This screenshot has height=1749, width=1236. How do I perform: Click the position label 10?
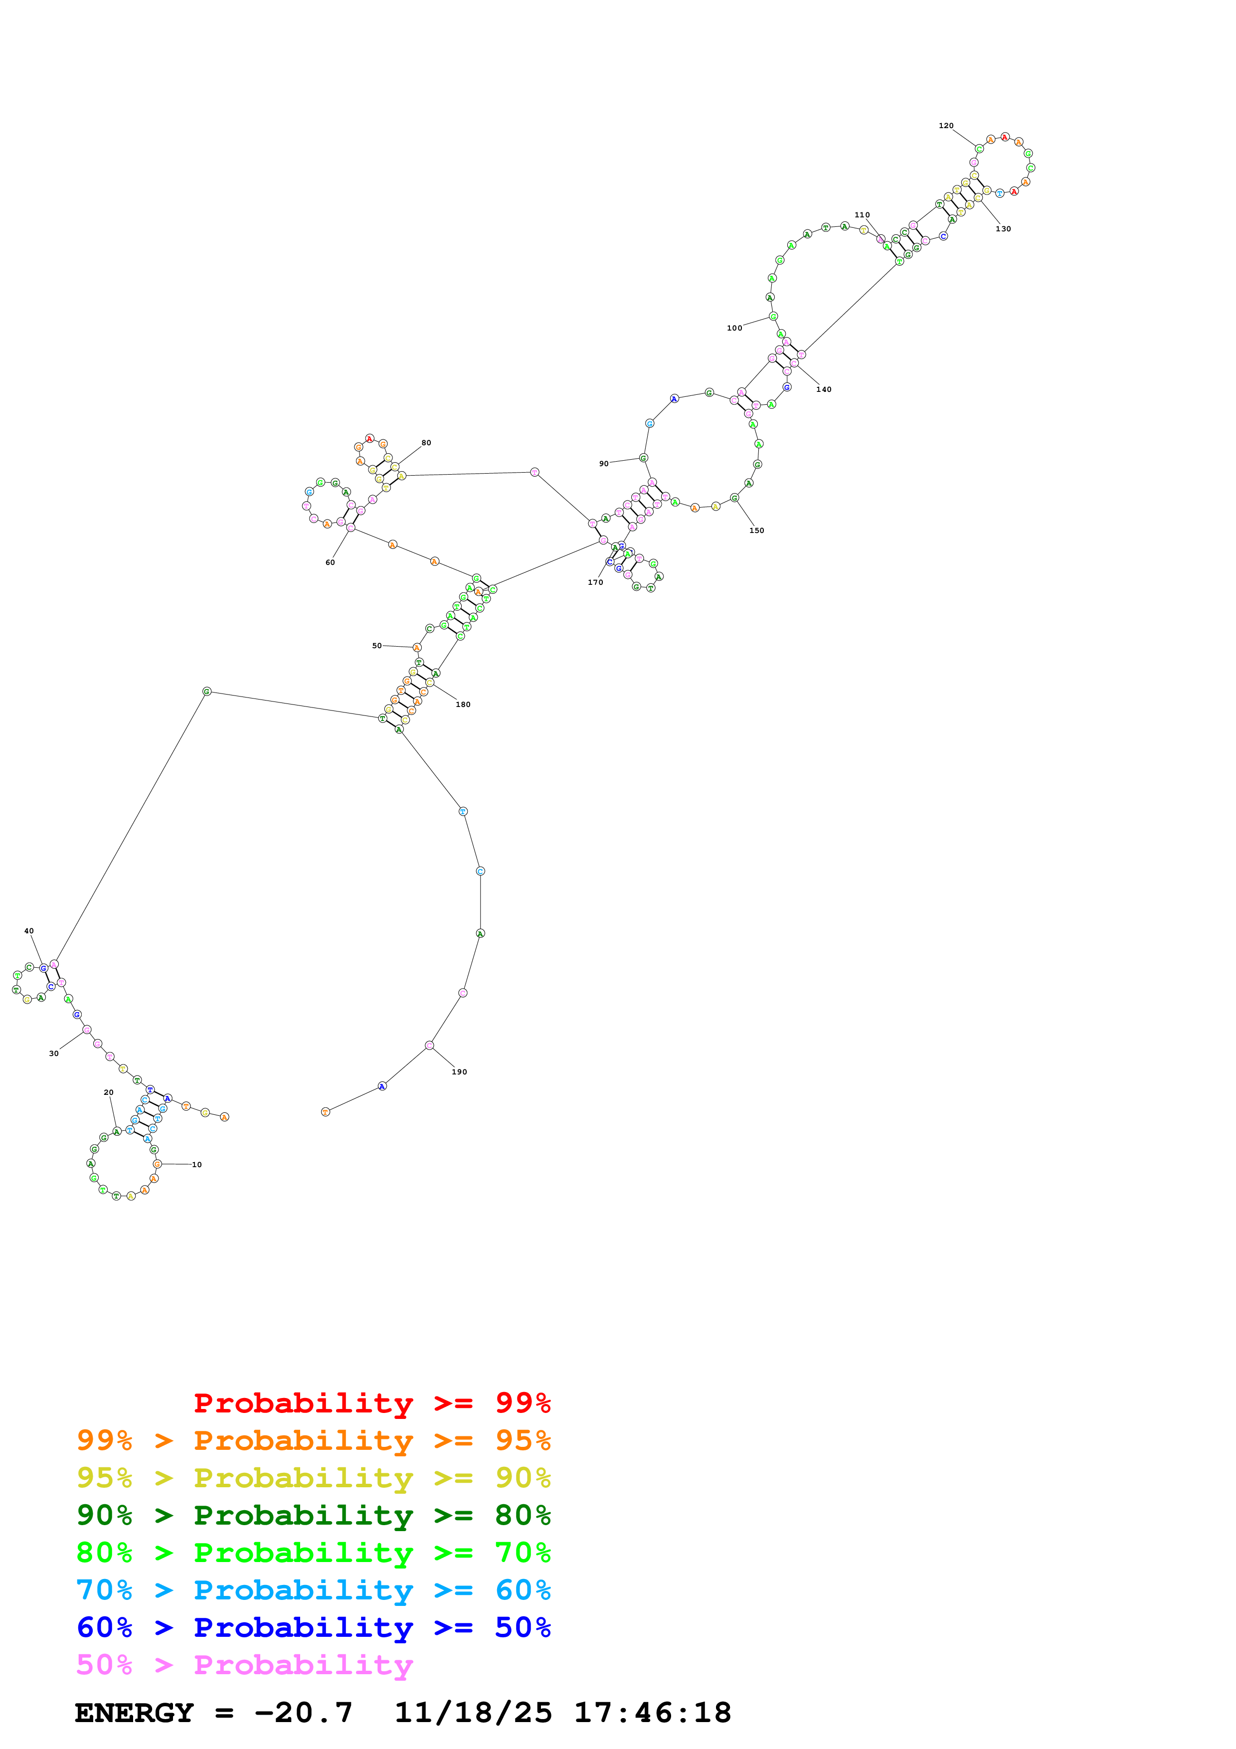tap(196, 1165)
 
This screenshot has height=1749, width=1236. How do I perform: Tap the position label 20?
tap(109, 1092)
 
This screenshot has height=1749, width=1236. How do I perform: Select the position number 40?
tap(29, 931)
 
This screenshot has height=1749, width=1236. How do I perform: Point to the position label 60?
tap(330, 562)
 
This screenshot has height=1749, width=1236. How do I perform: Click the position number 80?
tap(426, 443)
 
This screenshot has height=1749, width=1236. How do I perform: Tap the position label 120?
tap(946, 126)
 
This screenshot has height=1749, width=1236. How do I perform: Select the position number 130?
tap(1003, 228)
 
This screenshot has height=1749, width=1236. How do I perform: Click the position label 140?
tap(824, 389)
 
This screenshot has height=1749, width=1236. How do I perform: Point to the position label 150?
tap(756, 530)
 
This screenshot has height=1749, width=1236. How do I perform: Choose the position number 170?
tap(595, 582)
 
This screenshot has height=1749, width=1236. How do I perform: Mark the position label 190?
tap(459, 1072)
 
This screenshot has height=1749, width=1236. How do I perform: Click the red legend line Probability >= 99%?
tap(371, 1403)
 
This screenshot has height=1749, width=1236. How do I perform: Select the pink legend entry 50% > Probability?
tap(244, 1664)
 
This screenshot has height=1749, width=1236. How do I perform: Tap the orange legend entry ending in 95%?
tap(314, 1440)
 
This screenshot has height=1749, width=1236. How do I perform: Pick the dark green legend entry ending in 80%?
tap(314, 1515)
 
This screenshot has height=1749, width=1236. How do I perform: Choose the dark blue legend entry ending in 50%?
tap(314, 1627)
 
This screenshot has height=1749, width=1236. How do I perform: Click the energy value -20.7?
tap(304, 1713)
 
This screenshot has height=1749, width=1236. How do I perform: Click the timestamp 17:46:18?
tap(653, 1713)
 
